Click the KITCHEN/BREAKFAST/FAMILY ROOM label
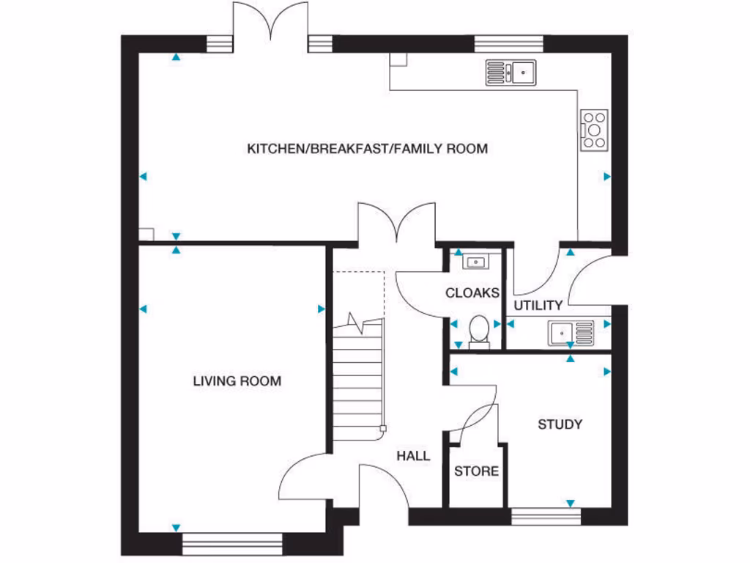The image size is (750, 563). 367,149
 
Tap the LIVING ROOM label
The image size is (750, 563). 237,381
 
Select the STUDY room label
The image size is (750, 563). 560,424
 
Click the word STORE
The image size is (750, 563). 476,471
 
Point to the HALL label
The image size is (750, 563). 413,456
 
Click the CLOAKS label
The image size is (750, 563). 472,292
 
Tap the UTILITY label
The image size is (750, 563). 538,305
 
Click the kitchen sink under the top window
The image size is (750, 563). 510,73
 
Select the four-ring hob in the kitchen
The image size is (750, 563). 594,130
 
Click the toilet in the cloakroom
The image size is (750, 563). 479,328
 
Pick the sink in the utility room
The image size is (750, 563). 571,334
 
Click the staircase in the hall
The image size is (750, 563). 359,381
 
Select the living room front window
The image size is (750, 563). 232,543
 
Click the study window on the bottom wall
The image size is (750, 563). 546,517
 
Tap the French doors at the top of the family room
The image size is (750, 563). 270,22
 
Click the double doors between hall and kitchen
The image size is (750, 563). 396,224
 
